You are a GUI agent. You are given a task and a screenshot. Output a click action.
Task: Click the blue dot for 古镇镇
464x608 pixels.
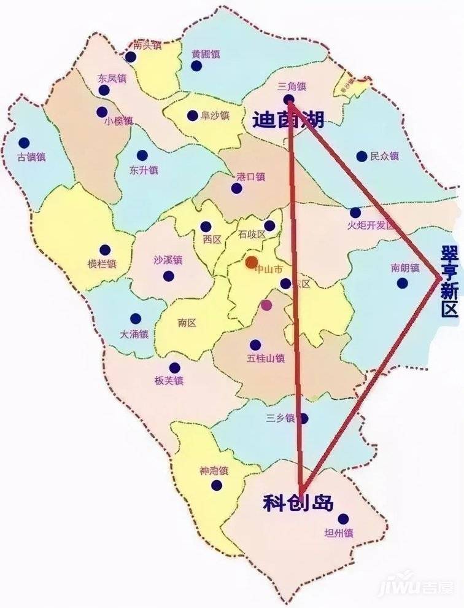click(24, 143)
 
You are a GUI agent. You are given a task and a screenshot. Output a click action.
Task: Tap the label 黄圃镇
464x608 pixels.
click(206, 53)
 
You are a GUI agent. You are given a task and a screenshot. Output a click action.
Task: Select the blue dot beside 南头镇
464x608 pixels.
click(131, 57)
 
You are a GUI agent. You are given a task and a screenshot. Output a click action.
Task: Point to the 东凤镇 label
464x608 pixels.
click(112, 79)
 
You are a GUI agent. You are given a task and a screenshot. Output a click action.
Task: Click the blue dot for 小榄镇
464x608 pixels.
click(102, 112)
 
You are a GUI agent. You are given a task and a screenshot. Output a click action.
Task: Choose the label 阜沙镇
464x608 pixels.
click(215, 115)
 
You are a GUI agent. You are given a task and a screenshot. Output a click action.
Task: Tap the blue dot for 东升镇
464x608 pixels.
click(142, 155)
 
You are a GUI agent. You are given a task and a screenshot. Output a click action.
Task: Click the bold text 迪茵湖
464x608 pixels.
click(288, 120)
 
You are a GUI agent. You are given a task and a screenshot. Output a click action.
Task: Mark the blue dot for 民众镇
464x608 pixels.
click(362, 157)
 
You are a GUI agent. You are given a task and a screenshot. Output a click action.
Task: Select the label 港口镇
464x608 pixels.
click(250, 177)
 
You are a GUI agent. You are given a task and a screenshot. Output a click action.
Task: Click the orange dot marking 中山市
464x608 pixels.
click(251, 262)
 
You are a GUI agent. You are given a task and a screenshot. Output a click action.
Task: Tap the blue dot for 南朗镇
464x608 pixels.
click(402, 283)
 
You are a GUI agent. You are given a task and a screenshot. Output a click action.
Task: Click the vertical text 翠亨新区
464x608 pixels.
click(449, 282)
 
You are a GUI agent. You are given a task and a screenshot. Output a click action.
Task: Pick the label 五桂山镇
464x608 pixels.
click(266, 358)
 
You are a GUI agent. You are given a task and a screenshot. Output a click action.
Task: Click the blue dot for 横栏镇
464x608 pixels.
click(105, 250)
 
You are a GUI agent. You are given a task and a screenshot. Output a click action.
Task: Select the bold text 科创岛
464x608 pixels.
click(298, 503)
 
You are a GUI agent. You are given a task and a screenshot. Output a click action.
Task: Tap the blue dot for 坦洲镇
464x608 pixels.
click(343, 519)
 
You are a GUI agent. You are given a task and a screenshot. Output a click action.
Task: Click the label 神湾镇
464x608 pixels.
click(214, 472)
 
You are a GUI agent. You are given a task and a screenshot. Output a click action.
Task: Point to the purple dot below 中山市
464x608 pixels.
click(266, 305)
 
